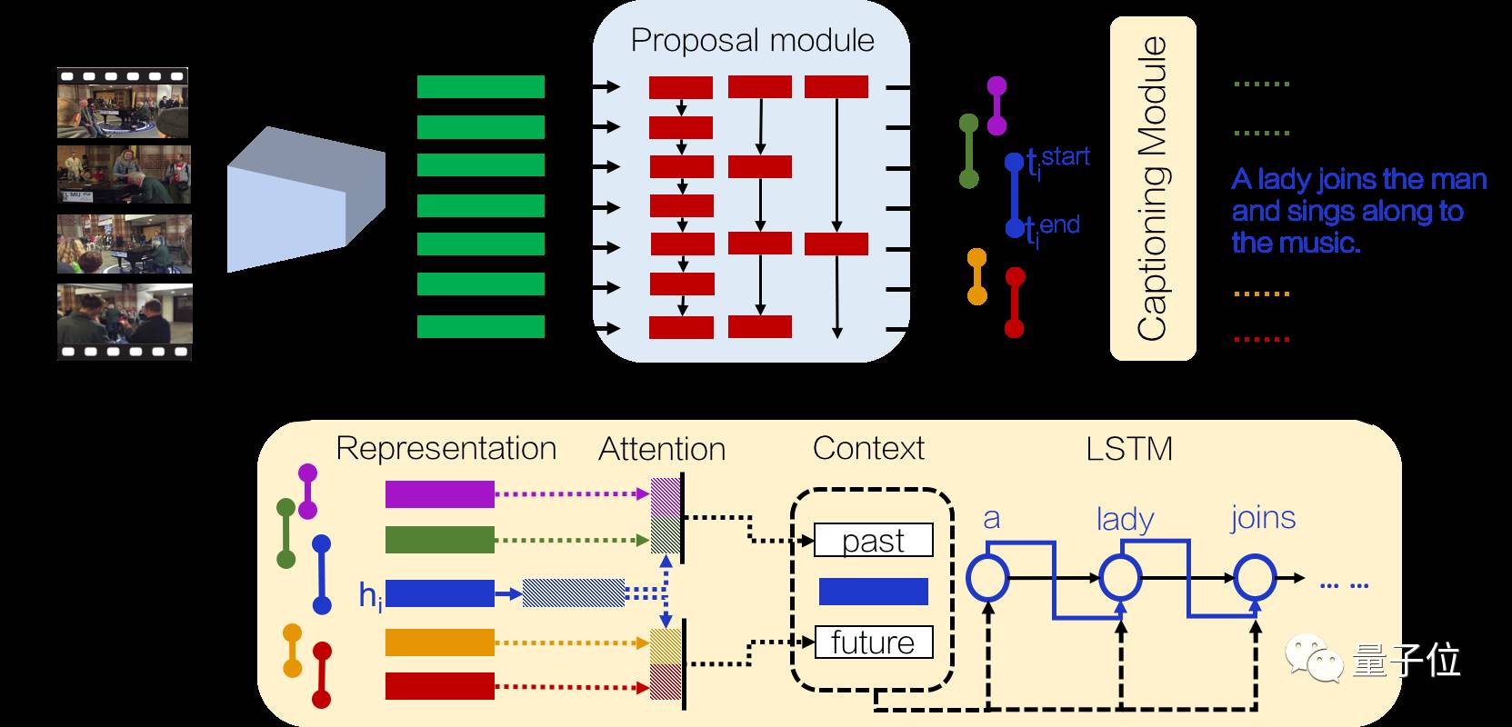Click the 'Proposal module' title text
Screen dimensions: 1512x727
752,41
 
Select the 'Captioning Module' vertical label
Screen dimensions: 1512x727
1152,189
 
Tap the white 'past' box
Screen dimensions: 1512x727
874,540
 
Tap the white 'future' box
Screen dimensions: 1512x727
874,642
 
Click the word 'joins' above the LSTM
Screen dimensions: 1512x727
1262,519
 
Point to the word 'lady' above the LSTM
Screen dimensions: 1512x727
1126,519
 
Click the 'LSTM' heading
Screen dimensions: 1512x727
1129,449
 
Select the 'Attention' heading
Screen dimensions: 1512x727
662,449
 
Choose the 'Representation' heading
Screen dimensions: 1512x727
446,449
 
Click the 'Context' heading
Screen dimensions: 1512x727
868,449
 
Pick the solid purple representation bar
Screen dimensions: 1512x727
439,494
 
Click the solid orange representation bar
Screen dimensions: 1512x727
439,642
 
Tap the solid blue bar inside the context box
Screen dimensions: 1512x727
874,591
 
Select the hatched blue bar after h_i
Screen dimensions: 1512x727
574,593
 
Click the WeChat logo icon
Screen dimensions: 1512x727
1314,658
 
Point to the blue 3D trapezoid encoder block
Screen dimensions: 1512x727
305,199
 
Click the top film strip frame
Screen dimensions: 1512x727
123,104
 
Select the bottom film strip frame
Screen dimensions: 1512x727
125,322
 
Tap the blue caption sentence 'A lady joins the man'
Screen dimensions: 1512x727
1358,179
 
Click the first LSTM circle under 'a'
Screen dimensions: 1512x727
987,577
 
